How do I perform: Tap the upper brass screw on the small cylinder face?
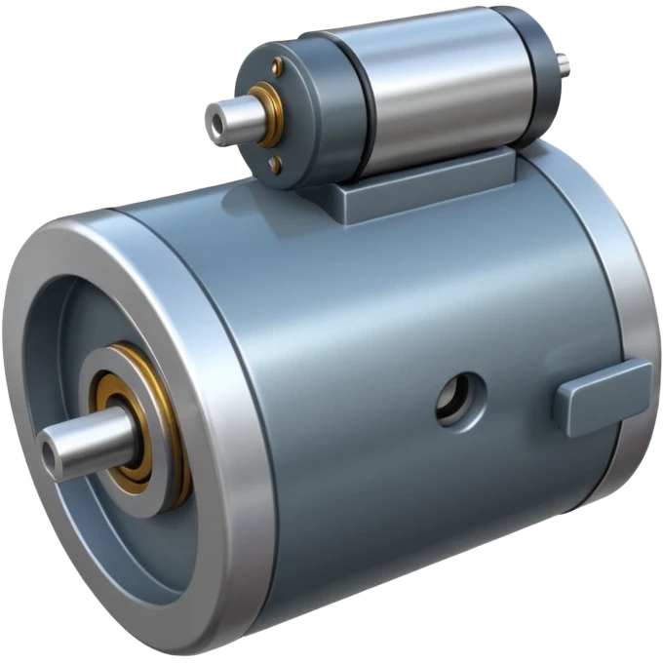pyautogui.click(x=278, y=66)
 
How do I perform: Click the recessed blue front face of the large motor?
pyautogui.click(x=58, y=331)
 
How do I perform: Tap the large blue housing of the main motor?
pyautogui.click(x=390, y=312)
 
